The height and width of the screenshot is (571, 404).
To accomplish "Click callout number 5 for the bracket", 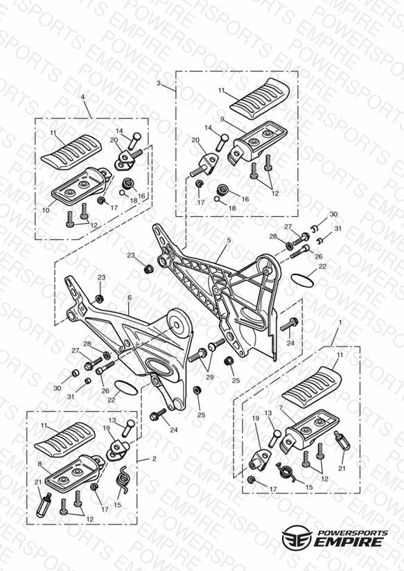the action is pyautogui.click(x=229, y=240).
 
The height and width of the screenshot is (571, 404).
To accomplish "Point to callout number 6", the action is pyautogui.click(x=130, y=297).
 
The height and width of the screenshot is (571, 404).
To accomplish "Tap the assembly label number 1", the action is pyautogui.click(x=340, y=322).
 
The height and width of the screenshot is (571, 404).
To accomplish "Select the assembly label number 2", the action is pyautogui.click(x=154, y=459).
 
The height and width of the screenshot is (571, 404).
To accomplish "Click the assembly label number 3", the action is pyautogui.click(x=159, y=83).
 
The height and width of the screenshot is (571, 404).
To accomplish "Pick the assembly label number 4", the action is pyautogui.click(x=82, y=97).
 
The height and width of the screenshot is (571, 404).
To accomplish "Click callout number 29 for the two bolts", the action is pyautogui.click(x=209, y=377).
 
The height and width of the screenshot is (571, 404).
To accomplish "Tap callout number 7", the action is pyautogui.click(x=281, y=407).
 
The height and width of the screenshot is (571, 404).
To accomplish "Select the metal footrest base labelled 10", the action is pyautogui.click(x=81, y=184).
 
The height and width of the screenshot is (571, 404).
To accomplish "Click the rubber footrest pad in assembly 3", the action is pyautogui.click(x=260, y=98).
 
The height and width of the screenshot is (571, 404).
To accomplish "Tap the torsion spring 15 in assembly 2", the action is pyautogui.click(x=123, y=480).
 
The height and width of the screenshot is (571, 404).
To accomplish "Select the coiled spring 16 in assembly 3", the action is pyautogui.click(x=222, y=189).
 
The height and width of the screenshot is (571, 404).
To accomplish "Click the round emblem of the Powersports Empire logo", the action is pyautogui.click(x=297, y=536).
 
